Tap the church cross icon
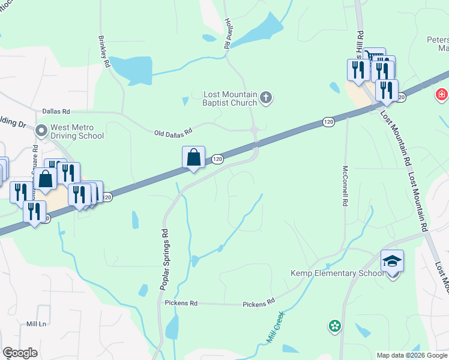click(x=267, y=97)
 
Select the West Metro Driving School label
click(x=77, y=131)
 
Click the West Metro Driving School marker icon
click(x=41, y=130)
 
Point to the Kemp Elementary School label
click(x=337, y=273)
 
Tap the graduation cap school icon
click(x=392, y=262)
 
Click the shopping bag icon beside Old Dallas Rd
click(x=194, y=158)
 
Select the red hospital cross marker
click(x=442, y=95)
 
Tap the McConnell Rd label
click(x=346, y=186)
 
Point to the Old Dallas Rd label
click(x=173, y=131)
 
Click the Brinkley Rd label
click(x=104, y=52)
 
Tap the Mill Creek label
click(x=275, y=328)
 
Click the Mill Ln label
click(x=36, y=323)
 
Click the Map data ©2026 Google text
click(x=411, y=355)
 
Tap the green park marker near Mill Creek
click(x=334, y=326)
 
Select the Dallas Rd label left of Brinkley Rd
click(x=56, y=112)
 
